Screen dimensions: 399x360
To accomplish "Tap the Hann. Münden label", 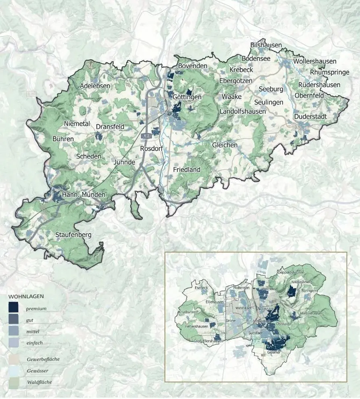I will (83, 195).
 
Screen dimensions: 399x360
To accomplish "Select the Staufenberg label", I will (73, 234).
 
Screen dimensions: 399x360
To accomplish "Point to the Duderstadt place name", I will (310, 117).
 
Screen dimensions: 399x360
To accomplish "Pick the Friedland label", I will (187, 170).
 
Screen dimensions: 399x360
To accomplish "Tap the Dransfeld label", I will (110, 127).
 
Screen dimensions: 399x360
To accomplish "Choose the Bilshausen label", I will (266, 45).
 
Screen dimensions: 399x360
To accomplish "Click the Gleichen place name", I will (225, 145).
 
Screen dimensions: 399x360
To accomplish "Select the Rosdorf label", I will (151, 148).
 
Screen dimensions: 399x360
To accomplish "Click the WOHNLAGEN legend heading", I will (26, 296).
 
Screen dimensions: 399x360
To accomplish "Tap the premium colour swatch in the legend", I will (13, 307).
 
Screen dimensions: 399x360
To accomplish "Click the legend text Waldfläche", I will (39, 382).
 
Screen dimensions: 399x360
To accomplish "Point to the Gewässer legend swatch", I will (13, 370).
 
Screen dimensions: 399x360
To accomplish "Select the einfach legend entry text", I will (35, 343).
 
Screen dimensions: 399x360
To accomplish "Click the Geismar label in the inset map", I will (274, 353).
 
